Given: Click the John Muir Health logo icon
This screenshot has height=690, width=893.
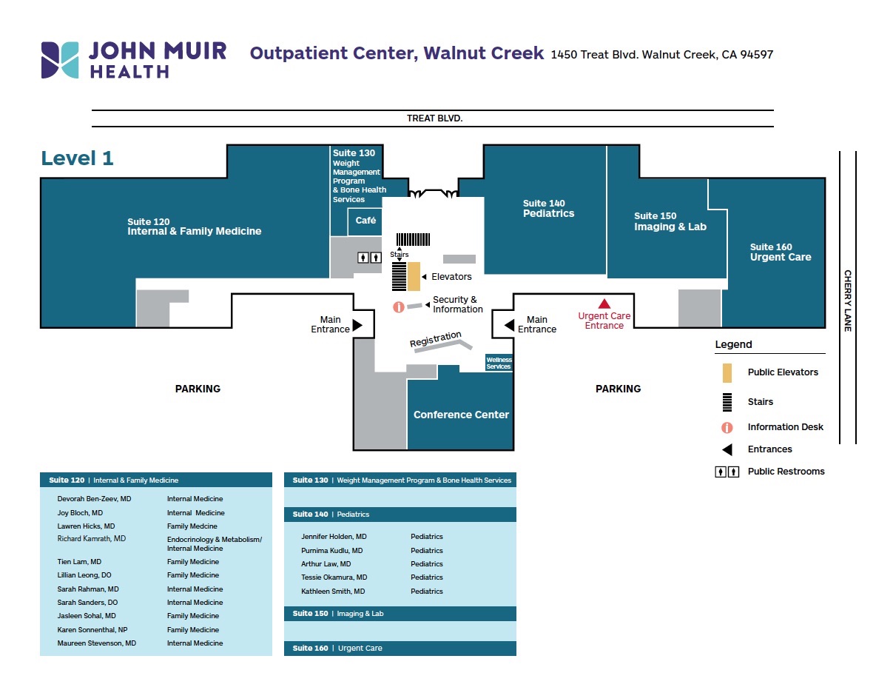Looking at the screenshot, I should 60,60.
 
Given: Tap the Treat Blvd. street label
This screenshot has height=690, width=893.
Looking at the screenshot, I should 434,118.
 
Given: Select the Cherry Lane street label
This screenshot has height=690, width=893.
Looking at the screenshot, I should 848,300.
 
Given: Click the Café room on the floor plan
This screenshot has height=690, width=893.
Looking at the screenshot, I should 365,221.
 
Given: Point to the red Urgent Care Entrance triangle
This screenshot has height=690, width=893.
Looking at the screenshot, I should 604,303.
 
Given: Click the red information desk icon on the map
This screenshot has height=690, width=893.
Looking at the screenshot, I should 398,307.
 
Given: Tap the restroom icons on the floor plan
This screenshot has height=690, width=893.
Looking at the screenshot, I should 369,258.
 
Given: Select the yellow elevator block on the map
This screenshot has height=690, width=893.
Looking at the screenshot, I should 414,276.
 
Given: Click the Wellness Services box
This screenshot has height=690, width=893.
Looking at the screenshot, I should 499,364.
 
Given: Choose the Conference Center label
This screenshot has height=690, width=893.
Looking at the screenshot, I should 461,415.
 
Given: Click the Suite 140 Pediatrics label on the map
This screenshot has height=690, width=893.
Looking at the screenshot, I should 548,209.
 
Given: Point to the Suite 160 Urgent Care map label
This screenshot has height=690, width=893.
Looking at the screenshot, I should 781,252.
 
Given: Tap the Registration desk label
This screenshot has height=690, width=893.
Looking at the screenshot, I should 436,339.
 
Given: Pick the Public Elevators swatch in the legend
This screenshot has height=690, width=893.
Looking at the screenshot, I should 727,372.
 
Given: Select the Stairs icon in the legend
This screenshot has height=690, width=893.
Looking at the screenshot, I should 727,402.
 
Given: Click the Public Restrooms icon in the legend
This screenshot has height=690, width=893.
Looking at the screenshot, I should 727,472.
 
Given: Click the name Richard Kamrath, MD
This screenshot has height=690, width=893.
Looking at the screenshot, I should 92,539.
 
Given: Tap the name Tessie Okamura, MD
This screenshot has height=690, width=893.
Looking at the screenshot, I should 334,577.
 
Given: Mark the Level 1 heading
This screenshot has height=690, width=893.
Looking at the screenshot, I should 78,158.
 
